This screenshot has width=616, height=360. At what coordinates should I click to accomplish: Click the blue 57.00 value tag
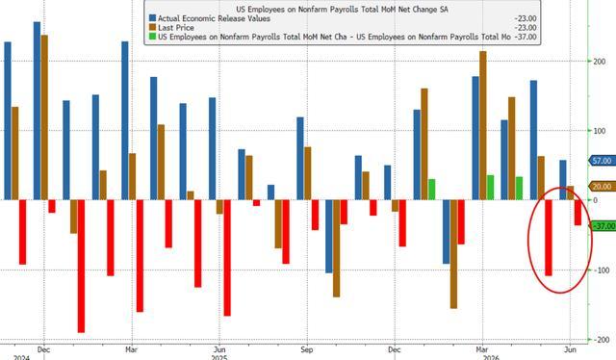coord(603,161)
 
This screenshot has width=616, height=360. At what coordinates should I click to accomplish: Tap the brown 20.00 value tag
coord(603,187)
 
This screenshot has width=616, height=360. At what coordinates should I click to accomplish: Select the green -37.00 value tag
coord(603,226)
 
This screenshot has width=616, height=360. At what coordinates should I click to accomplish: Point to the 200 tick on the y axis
coord(600,62)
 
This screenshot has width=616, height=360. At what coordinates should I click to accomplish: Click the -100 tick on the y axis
coord(602,270)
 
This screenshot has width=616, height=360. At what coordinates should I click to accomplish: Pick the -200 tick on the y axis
coord(602,340)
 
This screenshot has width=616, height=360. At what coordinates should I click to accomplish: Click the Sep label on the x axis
coord(307,349)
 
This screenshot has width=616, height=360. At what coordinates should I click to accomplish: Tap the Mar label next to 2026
coord(482,349)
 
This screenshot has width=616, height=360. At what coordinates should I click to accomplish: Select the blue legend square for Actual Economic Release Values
coord(152,18)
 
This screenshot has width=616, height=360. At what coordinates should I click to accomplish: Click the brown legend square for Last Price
coord(152,28)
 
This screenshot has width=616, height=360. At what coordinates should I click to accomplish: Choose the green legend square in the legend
coord(152,37)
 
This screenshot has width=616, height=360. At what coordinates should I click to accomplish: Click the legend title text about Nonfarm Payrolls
coord(342,9)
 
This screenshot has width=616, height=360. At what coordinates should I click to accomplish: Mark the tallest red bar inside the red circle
coord(549,238)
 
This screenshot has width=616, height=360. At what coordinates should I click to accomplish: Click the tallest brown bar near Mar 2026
coord(483,125)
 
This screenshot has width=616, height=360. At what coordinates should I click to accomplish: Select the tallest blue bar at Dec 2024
coord(37,111)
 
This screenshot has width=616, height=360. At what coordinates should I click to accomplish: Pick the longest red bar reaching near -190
coord(81,266)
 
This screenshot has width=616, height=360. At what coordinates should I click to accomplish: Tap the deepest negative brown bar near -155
coord(453,254)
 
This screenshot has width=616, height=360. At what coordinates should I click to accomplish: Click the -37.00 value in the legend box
coord(526,37)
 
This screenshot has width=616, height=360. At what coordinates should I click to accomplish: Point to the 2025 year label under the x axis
coord(219,358)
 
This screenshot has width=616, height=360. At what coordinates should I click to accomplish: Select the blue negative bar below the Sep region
coord(329,236)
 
